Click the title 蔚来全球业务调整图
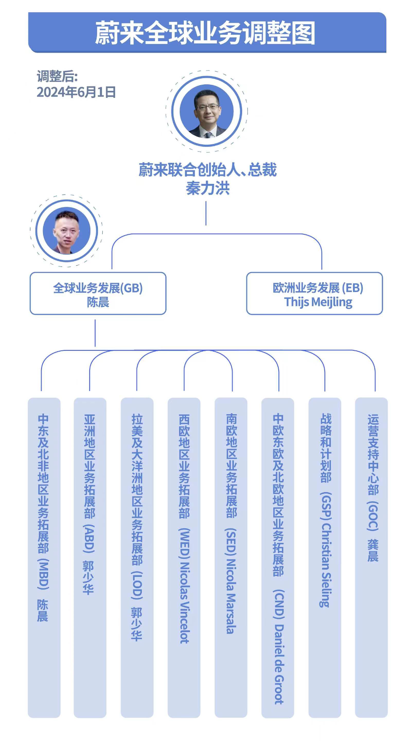click(205, 33)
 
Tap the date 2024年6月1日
click(76, 92)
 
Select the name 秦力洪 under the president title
click(208, 188)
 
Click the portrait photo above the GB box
click(67, 231)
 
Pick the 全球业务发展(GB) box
click(98, 294)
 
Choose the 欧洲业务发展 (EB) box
click(314, 294)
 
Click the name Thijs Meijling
click(318, 302)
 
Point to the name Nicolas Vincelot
click(185, 602)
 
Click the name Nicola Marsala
click(231, 596)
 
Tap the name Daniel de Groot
click(279, 664)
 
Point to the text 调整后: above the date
click(57, 76)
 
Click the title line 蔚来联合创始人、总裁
click(208, 170)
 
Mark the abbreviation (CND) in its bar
click(279, 604)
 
